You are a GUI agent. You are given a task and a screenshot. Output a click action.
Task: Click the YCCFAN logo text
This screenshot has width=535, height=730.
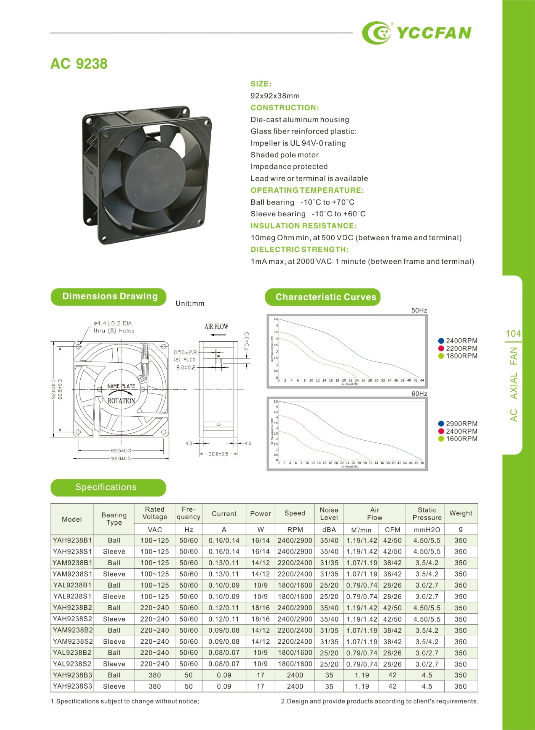click(x=434, y=33)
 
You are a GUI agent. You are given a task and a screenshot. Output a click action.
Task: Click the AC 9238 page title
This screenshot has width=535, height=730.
click(x=79, y=63)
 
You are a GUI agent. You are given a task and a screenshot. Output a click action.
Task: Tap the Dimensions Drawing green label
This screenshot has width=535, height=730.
click(x=109, y=297)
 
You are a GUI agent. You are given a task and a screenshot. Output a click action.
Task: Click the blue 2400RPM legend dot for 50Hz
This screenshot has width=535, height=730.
click(x=441, y=341)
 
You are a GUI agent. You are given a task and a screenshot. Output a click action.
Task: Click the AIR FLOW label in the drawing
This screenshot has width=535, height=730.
click(x=216, y=327)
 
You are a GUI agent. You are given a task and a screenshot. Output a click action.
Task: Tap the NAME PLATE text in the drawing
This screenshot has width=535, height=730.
click(x=121, y=386)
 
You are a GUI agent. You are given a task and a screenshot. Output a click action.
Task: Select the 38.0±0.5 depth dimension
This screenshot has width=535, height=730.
click(x=218, y=454)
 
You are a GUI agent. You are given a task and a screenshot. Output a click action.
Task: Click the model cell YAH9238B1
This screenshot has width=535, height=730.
click(x=72, y=540)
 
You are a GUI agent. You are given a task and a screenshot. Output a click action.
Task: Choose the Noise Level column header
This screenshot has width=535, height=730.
click(x=329, y=514)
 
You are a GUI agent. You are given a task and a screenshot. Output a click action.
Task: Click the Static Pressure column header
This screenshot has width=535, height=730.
click(x=427, y=514)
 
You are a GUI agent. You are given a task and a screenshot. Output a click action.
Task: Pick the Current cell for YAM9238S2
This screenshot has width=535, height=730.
click(x=224, y=641)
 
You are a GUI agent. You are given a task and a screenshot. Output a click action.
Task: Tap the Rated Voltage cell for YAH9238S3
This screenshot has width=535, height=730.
click(x=155, y=686)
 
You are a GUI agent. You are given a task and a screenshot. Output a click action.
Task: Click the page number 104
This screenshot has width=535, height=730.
click(x=513, y=334)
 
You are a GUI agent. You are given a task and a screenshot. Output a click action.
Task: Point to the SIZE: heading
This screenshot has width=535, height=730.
click(x=261, y=84)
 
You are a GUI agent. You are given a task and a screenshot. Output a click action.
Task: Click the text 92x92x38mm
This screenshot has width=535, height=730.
click(x=275, y=96)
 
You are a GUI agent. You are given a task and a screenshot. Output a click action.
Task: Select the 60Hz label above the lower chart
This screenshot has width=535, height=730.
click(x=419, y=394)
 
